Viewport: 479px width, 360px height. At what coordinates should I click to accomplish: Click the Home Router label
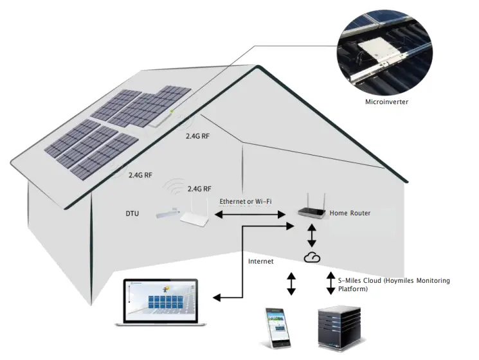(x=350, y=213)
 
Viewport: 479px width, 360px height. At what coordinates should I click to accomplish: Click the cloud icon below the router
(x=312, y=257)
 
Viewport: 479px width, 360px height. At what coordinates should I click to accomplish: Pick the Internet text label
(x=261, y=261)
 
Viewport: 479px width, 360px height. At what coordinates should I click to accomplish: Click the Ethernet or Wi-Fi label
(x=246, y=201)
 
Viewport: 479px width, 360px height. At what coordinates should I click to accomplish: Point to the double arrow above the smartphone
(x=291, y=283)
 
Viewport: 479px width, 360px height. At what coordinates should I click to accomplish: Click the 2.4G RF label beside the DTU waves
(x=199, y=189)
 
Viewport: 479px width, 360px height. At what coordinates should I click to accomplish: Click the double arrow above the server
(x=331, y=283)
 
